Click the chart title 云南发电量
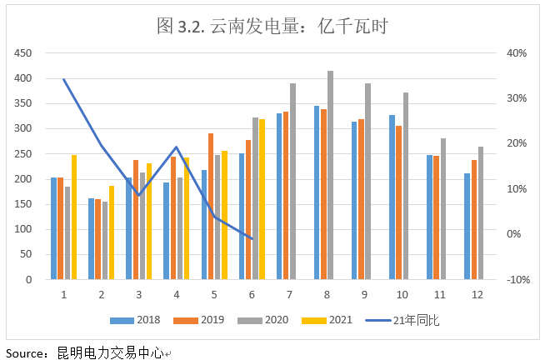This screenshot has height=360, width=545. point(272,26)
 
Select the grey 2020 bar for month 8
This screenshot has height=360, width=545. point(330,175)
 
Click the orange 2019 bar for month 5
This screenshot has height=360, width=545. point(211,206)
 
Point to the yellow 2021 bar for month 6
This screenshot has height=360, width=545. point(262,199)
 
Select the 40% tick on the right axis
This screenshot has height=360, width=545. point(517,53)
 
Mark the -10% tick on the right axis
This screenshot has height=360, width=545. point(517,280)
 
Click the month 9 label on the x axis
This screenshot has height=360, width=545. point(364,294)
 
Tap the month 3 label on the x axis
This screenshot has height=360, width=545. point(138,294)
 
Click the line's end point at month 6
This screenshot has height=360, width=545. point(251,239)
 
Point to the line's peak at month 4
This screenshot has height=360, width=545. point(176,147)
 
